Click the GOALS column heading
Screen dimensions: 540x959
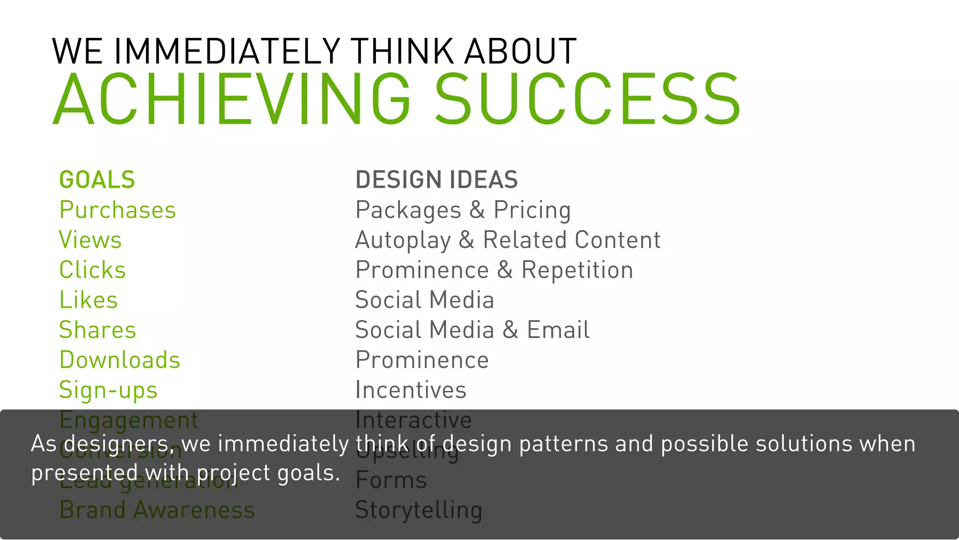coord(97,180)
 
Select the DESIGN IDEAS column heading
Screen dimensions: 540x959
coord(436,180)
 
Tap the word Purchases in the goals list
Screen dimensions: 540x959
coord(118,210)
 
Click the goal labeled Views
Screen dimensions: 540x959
coord(90,240)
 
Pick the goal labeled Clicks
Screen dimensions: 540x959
coord(93,270)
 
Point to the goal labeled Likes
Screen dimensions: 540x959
coord(89,300)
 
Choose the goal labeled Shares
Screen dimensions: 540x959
coord(97,330)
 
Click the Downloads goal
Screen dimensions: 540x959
coord(119,360)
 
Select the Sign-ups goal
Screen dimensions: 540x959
coord(108,390)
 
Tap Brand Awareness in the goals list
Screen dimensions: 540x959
coord(157,510)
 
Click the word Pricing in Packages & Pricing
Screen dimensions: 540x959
coord(532,210)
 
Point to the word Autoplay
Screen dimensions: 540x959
coord(403,240)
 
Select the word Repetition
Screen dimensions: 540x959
coord(577,270)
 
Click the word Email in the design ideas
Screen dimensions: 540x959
coord(558,330)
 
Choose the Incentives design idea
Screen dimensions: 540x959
coord(411,390)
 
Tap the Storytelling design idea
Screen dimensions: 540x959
coord(419,510)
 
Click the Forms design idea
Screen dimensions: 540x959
coord(391,480)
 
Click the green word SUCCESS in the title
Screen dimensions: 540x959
coord(588,100)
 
